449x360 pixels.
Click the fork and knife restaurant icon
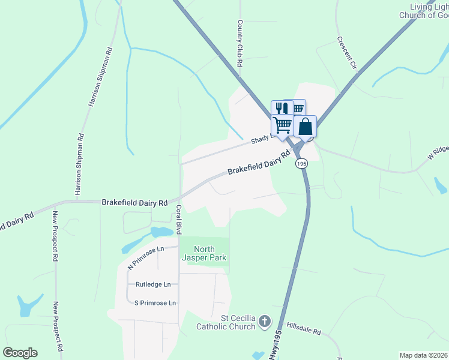280,109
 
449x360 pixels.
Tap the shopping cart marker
282,125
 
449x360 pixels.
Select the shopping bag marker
306,127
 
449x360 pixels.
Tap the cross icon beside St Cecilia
264,323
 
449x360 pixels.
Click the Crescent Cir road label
346,52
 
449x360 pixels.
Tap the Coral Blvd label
179,220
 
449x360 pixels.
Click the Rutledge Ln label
153,284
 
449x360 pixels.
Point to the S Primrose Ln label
155,303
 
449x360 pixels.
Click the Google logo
20,353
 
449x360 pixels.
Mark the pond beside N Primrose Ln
161,232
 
